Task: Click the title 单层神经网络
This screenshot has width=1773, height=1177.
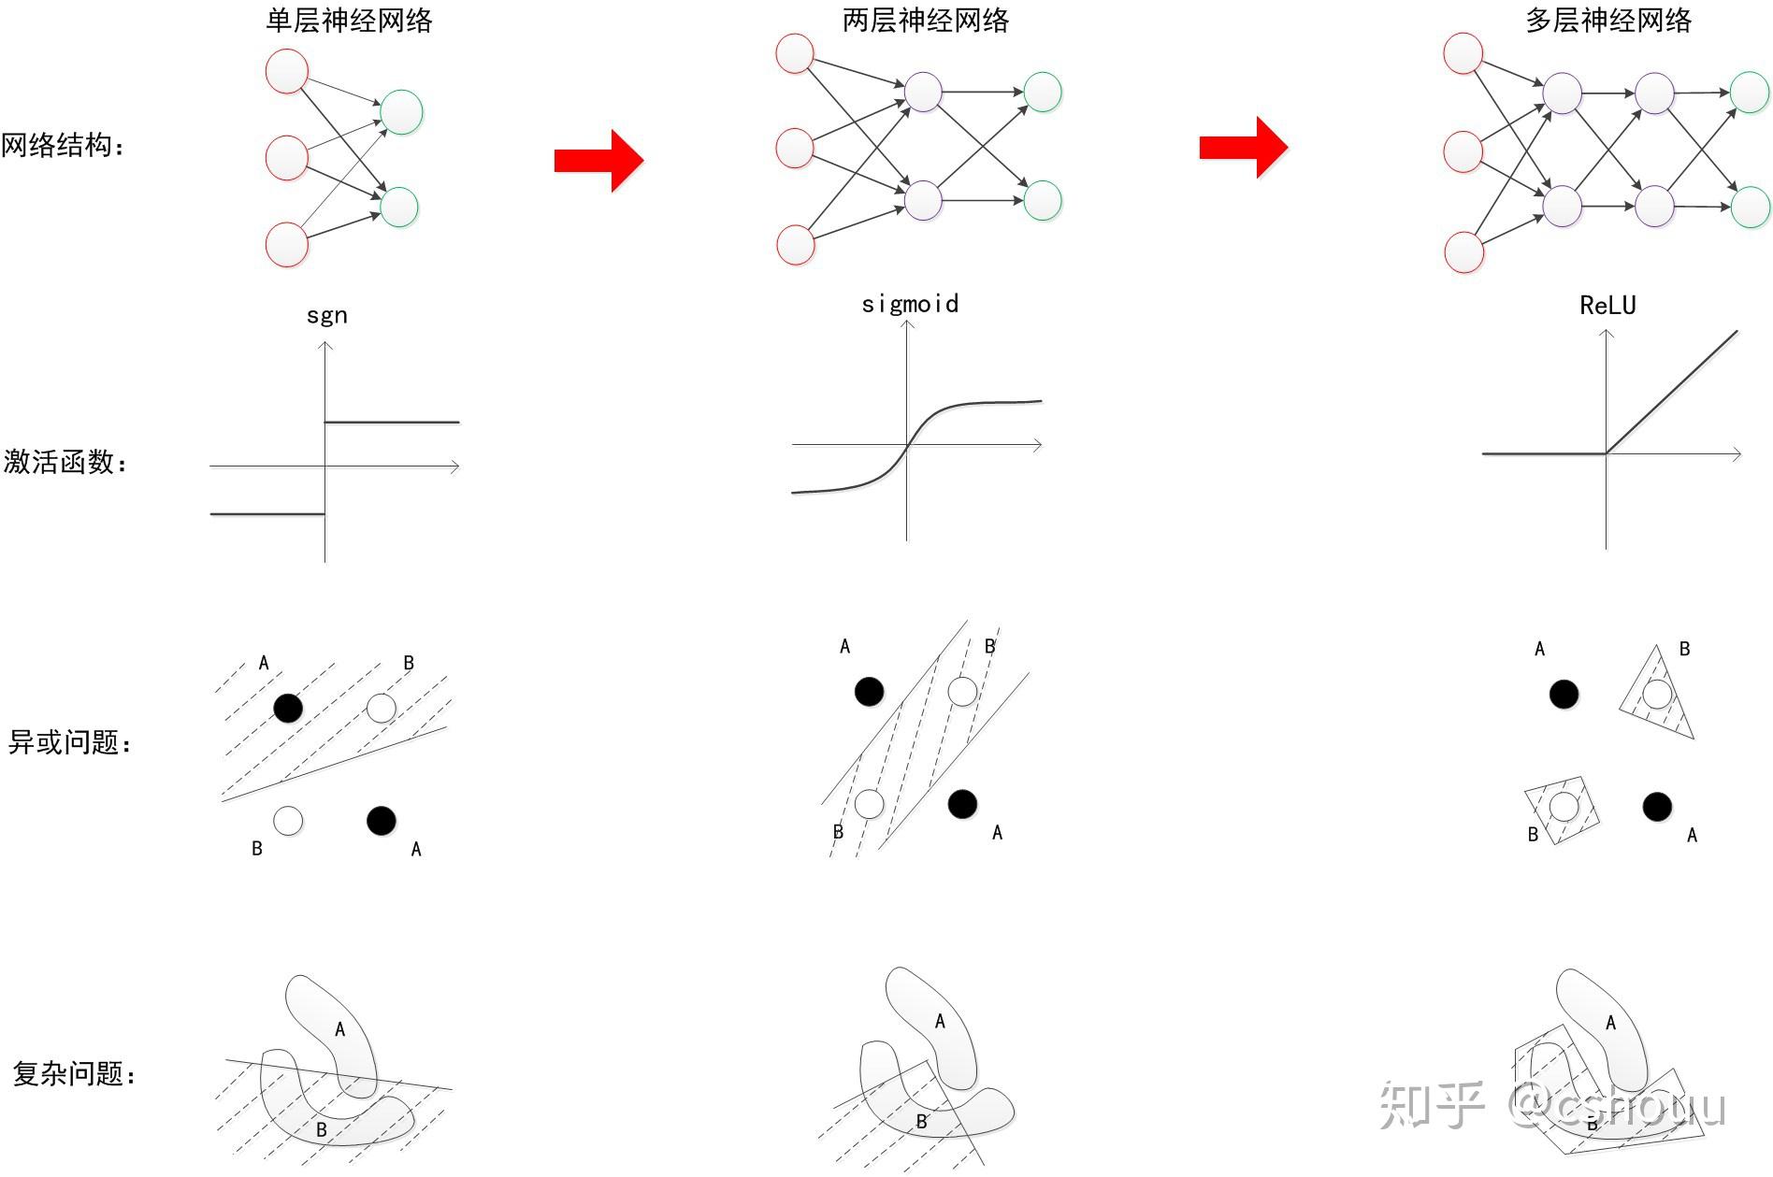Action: [349, 21]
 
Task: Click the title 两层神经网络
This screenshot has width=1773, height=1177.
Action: [925, 21]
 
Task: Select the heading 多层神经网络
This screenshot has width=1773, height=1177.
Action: [1607, 21]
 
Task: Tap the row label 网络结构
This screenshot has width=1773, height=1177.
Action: [62, 146]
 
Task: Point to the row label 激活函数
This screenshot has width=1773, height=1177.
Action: [65, 462]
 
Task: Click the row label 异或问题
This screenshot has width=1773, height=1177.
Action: [68, 743]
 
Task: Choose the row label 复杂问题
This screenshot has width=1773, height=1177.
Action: [73, 1073]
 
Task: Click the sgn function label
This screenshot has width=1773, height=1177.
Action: [326, 315]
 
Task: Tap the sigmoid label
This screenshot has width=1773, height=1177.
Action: [910, 304]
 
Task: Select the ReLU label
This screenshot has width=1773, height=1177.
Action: [1607, 306]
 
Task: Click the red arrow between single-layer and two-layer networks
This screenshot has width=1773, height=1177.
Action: [598, 161]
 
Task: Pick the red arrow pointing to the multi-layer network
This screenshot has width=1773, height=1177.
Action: [1244, 147]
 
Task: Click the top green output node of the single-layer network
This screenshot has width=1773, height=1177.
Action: [402, 112]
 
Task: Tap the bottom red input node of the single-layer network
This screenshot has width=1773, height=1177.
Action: [287, 245]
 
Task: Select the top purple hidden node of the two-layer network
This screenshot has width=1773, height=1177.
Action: [923, 92]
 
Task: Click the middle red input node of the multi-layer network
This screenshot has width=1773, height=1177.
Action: [1463, 152]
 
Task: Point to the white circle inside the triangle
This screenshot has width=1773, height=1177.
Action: [1657, 695]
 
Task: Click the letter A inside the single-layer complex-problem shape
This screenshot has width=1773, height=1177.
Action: [339, 1029]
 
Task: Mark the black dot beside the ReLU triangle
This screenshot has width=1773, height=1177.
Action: [1564, 695]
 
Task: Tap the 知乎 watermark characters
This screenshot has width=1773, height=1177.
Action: [1432, 1105]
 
